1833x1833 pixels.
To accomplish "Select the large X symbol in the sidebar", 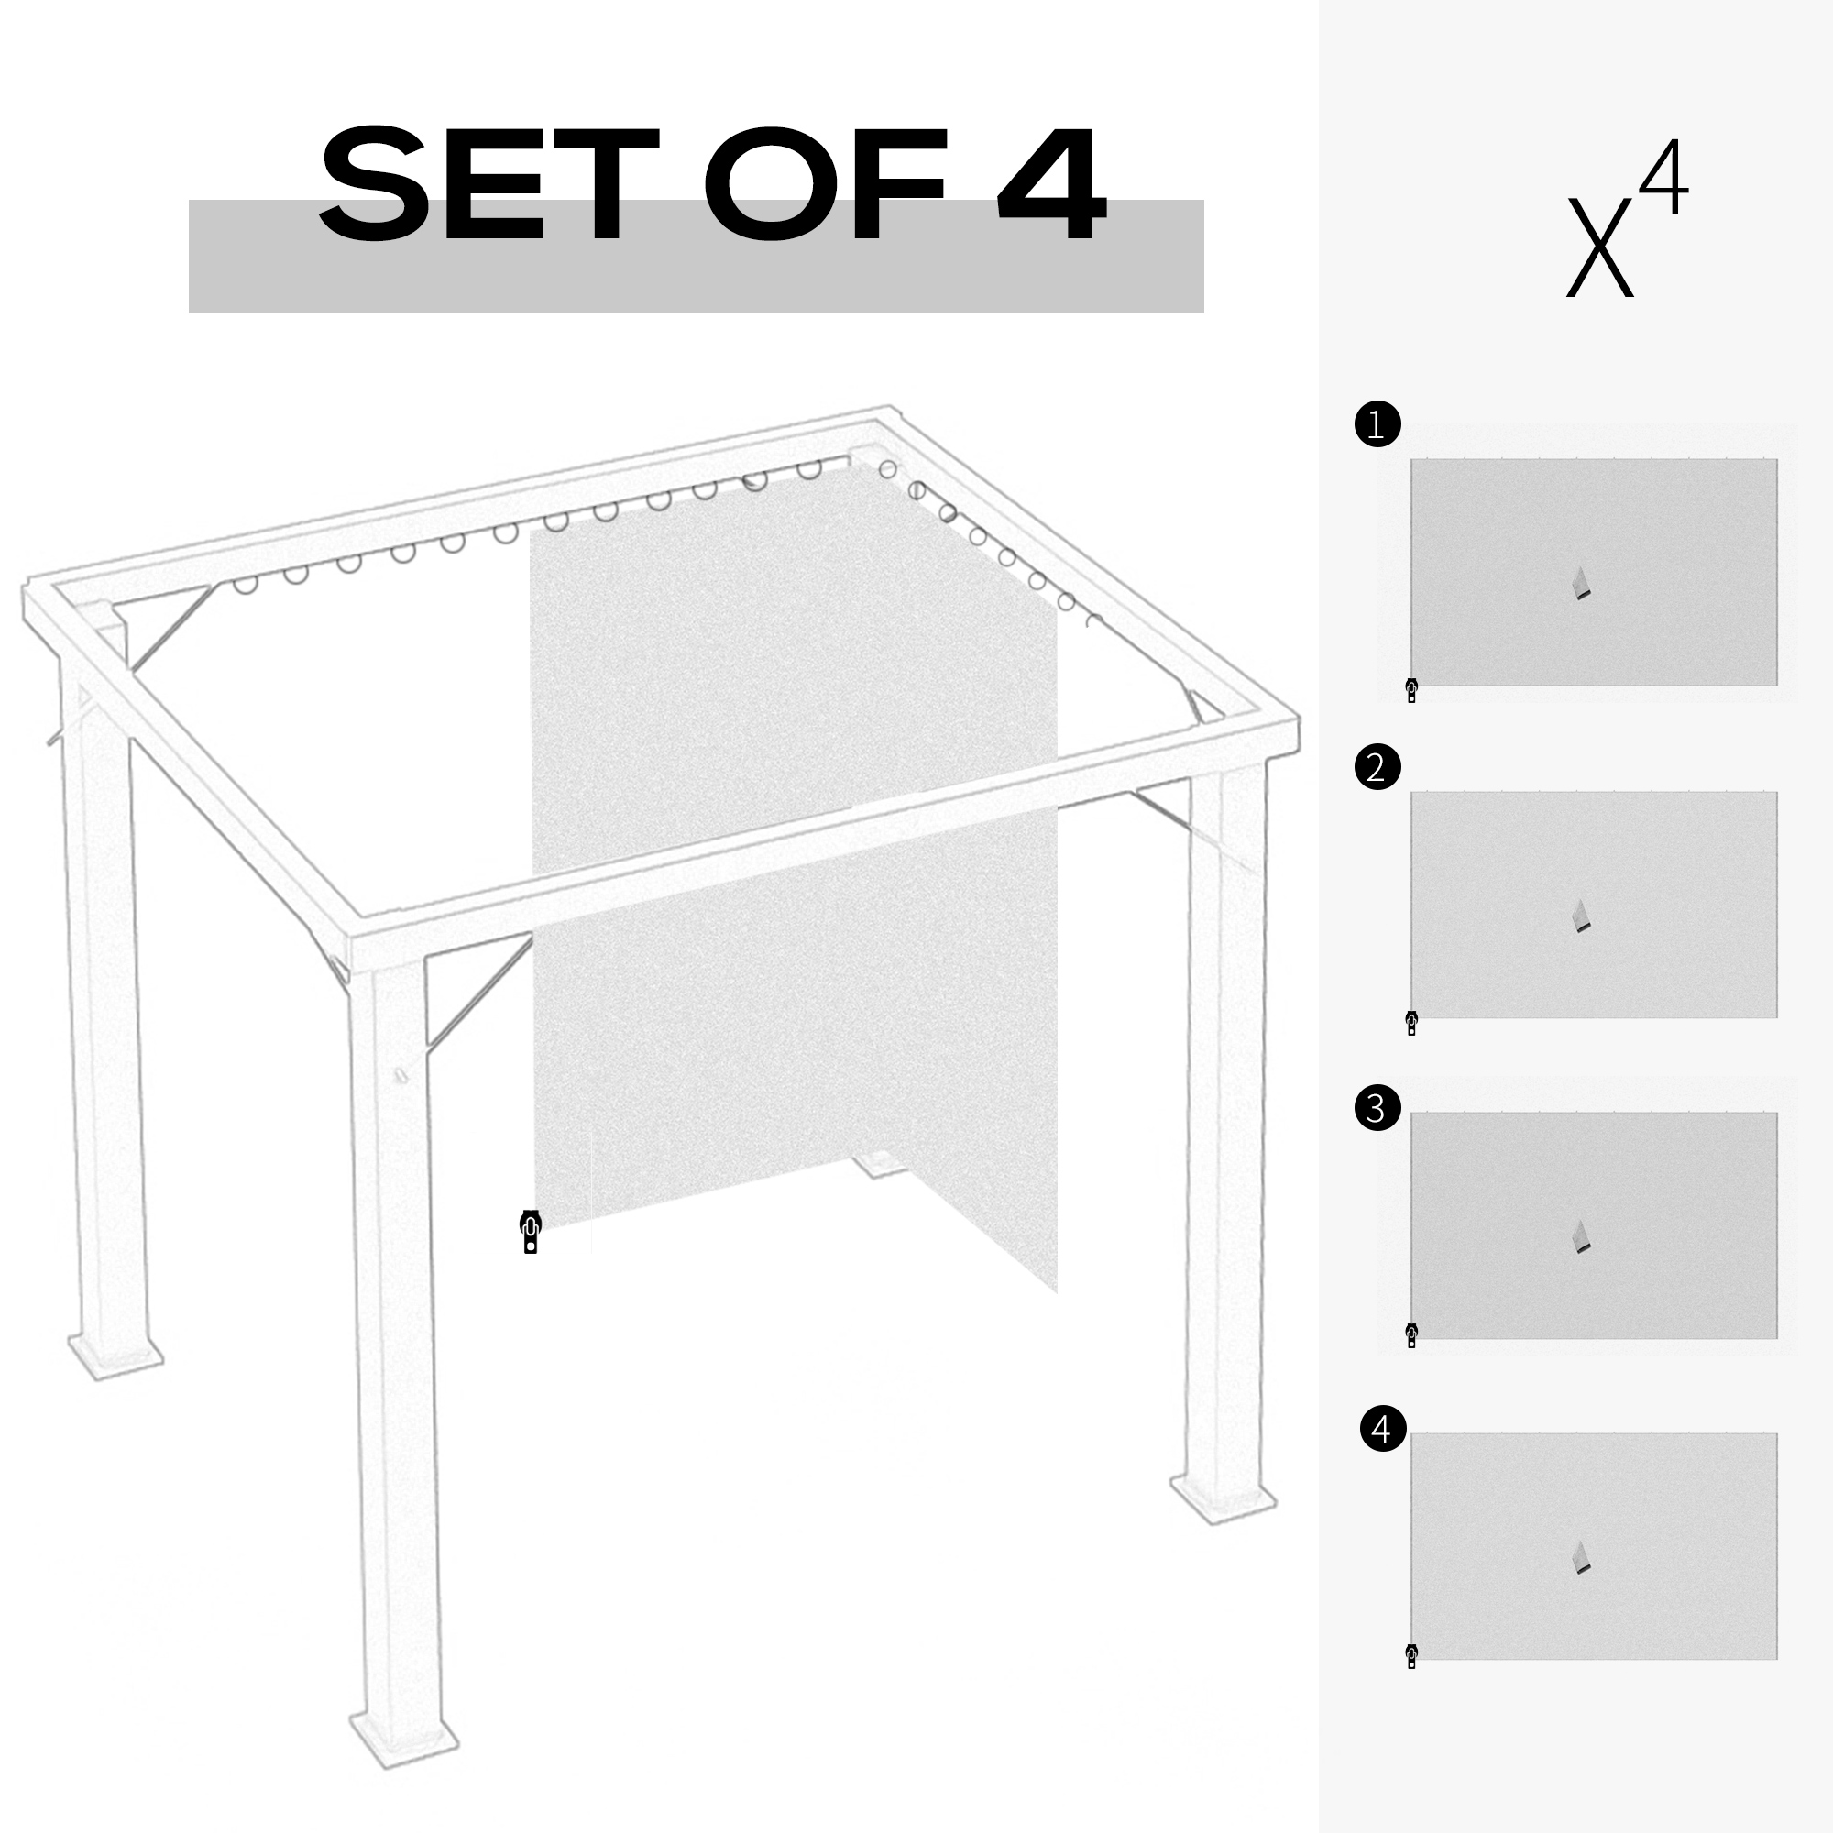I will [x=1599, y=247].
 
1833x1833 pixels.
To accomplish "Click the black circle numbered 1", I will [x=1377, y=424].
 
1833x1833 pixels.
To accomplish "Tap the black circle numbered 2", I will [x=1377, y=766].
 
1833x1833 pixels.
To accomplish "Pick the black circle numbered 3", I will [x=1377, y=1108].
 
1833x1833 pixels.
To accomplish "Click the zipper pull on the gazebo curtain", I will [x=531, y=1232].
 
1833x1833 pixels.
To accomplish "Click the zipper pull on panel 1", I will [x=1411, y=690].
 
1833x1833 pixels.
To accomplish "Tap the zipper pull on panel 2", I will [x=1411, y=1023].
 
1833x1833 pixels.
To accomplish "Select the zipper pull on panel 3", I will [x=1411, y=1335].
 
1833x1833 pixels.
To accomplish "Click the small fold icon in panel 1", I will [x=1581, y=584].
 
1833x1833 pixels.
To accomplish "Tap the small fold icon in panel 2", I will [x=1581, y=916].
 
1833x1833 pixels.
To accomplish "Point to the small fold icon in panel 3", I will [x=1581, y=1237].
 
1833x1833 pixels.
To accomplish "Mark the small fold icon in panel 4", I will [x=1581, y=1558].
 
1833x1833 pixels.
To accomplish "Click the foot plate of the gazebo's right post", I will [x=1223, y=1499].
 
